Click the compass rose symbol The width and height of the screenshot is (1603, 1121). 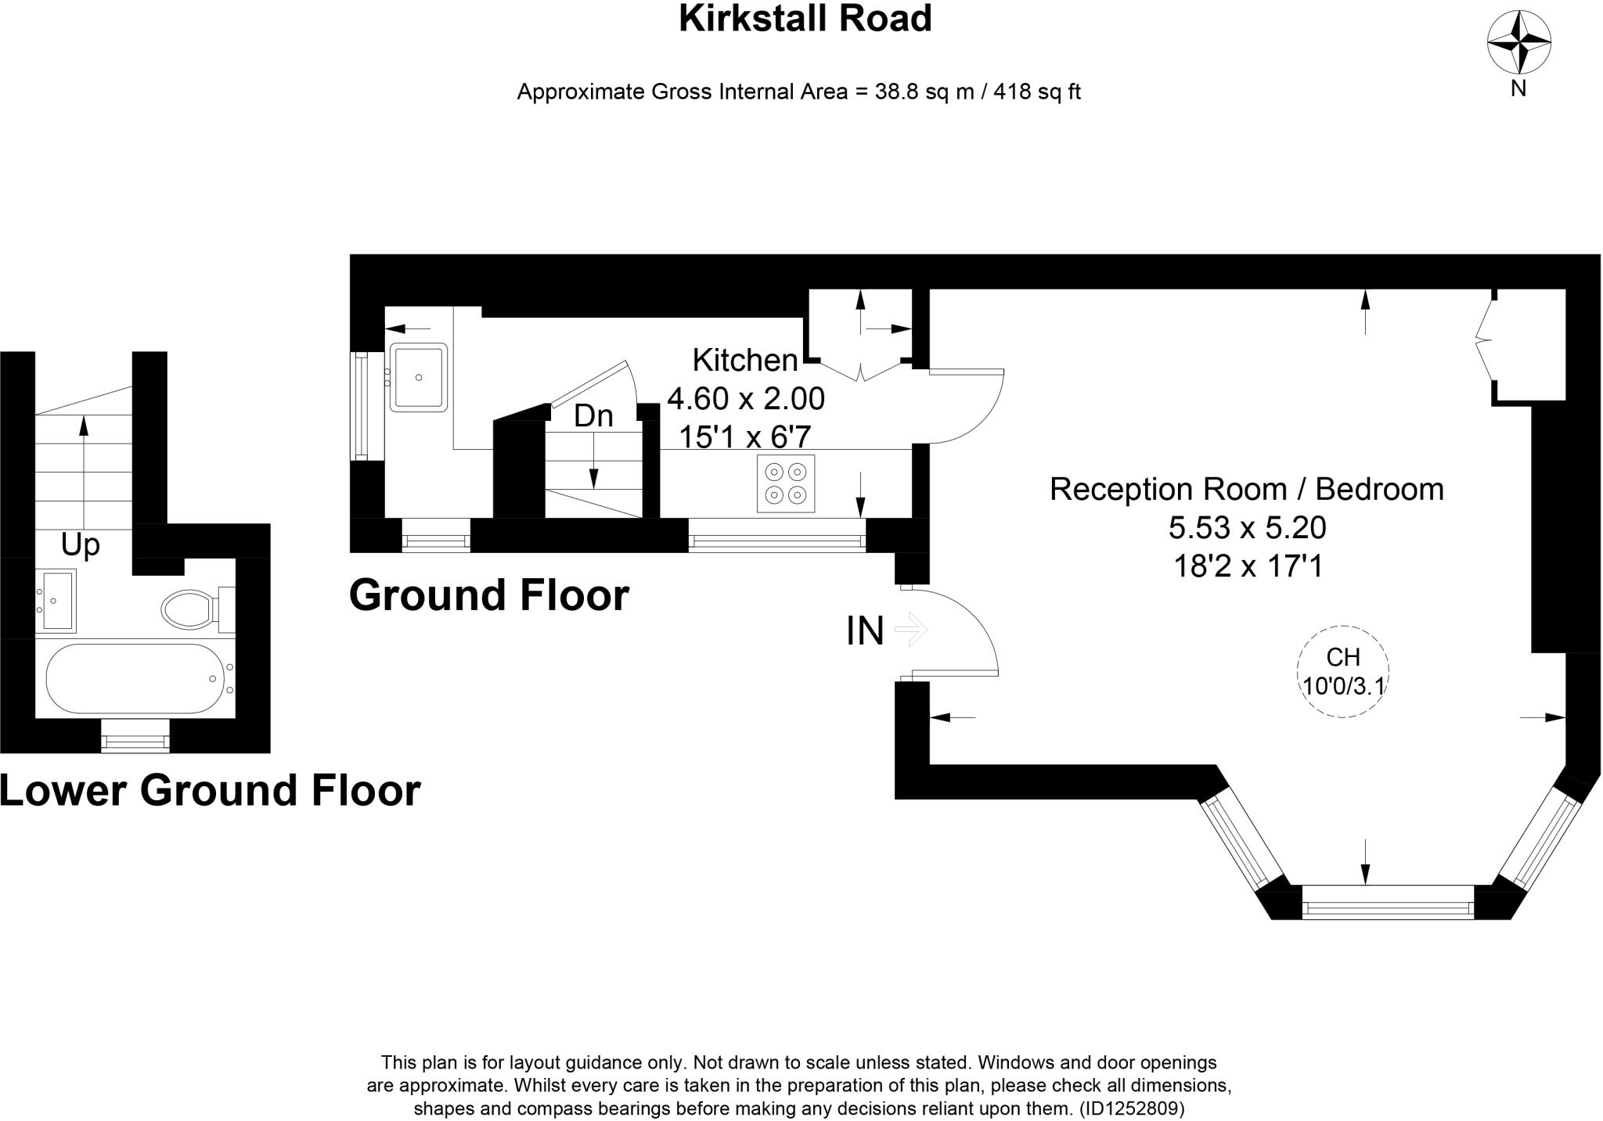1518,42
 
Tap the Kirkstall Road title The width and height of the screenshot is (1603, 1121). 805,18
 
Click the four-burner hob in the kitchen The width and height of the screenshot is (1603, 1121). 786,483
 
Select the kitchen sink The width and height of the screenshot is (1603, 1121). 419,378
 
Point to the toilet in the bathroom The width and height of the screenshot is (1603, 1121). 189,609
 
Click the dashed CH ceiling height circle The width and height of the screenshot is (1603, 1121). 1342,672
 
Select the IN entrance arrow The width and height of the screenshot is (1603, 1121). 910,630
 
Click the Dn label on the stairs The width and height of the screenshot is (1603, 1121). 593,416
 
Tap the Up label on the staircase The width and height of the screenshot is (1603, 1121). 81,544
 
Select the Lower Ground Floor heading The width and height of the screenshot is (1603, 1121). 210,790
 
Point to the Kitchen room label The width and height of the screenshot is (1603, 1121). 744,361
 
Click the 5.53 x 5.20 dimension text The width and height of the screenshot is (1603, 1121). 1247,528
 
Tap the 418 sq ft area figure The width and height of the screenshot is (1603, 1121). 1037,92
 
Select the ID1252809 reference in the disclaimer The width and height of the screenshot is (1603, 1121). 1132,1108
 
